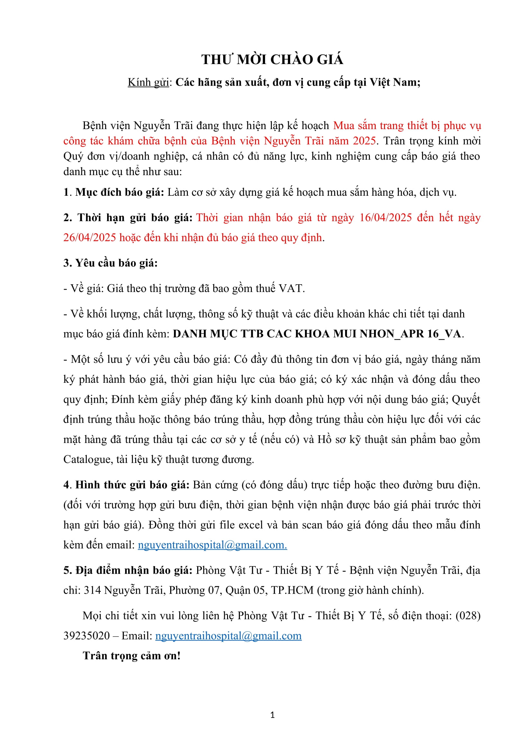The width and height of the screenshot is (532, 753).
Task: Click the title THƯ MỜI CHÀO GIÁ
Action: [272, 60]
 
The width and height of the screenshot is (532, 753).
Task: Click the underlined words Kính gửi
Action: [148, 82]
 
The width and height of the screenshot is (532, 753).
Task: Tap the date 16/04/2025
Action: [385, 217]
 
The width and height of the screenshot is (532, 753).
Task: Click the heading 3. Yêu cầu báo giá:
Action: [110, 263]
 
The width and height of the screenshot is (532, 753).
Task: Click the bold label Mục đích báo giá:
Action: [120, 192]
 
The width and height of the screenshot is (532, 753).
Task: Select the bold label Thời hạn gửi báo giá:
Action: [128, 217]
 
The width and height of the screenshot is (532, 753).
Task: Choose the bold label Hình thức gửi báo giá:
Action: [132, 485]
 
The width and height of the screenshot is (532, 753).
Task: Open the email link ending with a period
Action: [212, 545]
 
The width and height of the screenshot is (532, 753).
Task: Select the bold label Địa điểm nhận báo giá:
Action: [128, 570]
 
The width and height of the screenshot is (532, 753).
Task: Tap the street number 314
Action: [92, 590]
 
